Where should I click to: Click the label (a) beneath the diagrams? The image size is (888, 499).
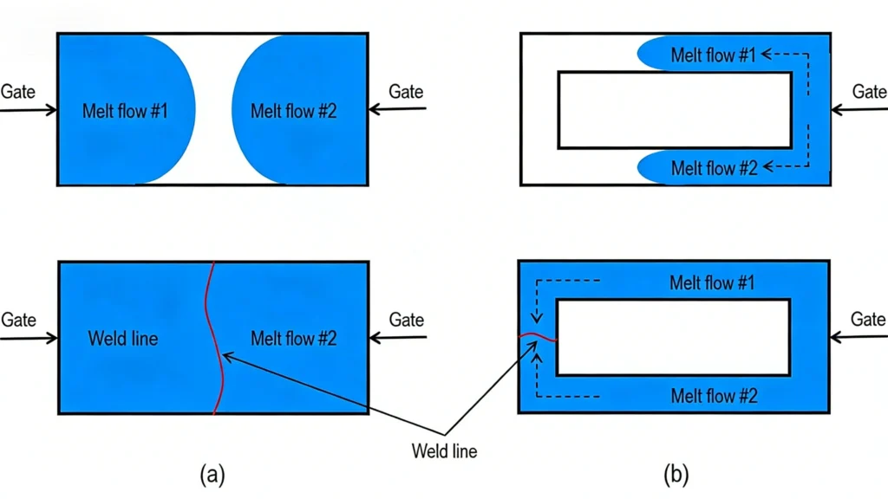pos(214,474)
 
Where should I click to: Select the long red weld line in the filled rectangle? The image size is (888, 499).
pos(212,338)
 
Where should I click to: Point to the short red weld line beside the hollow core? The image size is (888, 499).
pos(538,336)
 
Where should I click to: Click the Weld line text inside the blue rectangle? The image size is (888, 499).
pos(123,338)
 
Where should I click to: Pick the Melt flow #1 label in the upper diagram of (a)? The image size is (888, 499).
pos(125,111)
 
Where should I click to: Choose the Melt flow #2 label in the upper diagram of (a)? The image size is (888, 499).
pos(293,111)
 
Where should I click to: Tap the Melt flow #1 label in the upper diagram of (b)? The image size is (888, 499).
pos(714,55)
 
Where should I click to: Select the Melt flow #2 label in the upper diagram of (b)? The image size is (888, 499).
pos(714,168)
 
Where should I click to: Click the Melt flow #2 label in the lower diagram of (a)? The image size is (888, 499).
pos(293,338)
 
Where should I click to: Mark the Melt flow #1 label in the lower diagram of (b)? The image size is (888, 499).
pos(714,282)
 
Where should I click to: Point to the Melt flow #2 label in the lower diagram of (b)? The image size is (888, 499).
pos(714,396)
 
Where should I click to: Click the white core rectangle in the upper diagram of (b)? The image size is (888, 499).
pos(674,110)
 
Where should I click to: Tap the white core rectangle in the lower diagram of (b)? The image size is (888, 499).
pos(674,337)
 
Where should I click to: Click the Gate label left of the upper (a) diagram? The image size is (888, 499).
pos(18,91)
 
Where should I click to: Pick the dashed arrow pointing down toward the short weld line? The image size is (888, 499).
pos(539,299)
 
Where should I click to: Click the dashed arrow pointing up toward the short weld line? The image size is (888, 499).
pos(539,373)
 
